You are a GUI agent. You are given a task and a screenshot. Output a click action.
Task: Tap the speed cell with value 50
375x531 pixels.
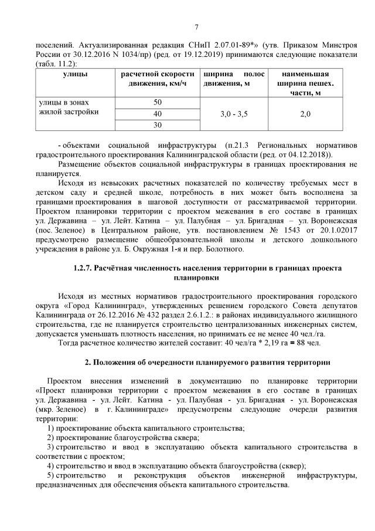click(157, 102)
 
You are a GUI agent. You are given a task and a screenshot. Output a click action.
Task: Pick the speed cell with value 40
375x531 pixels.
click(157, 113)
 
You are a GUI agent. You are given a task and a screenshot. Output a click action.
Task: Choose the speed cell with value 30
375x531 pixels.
click(157, 125)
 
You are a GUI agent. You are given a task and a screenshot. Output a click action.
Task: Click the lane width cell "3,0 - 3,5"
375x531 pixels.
click(234, 113)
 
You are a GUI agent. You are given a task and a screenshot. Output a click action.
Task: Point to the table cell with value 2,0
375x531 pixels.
click(305, 113)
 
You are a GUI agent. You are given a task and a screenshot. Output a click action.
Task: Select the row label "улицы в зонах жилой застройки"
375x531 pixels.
click(67, 107)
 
